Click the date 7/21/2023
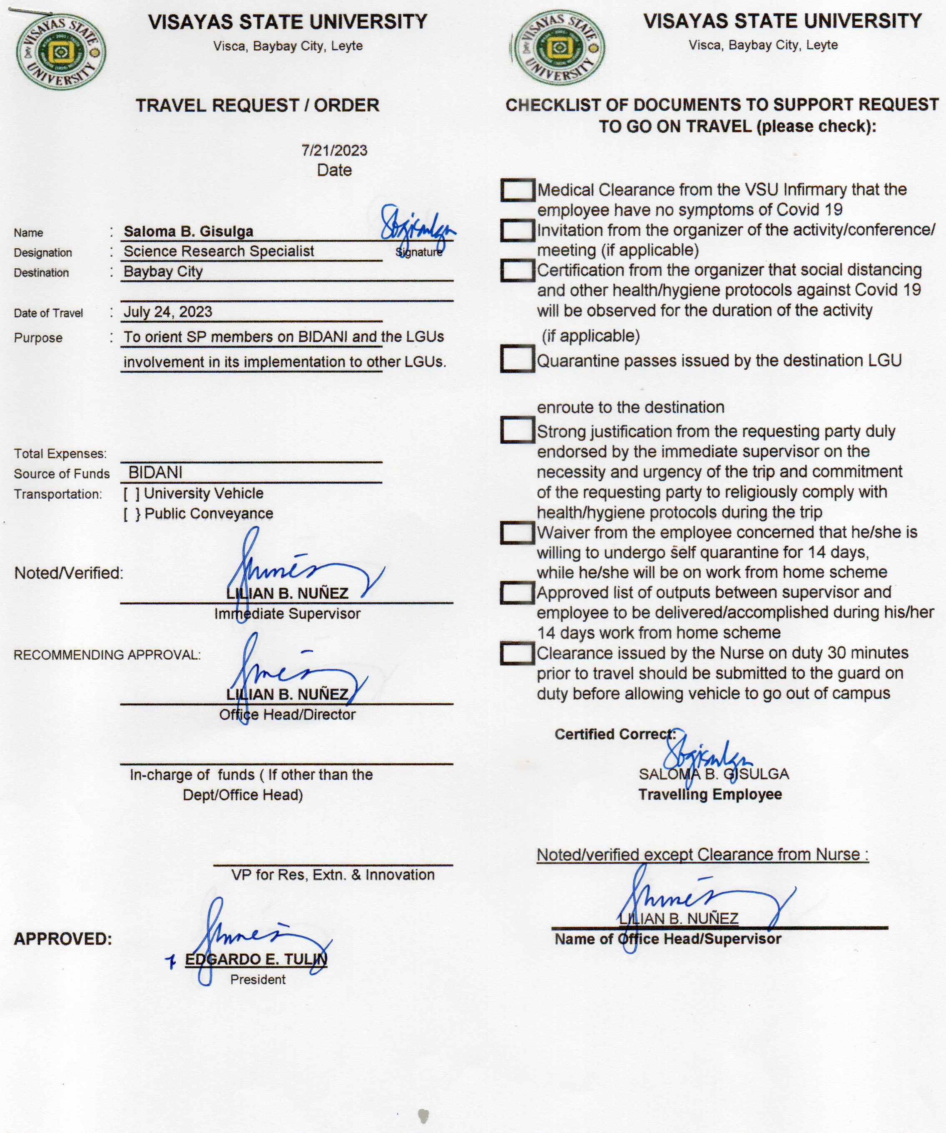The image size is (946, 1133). (x=334, y=151)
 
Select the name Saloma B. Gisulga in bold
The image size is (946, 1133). (x=189, y=231)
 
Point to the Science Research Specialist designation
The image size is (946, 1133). (x=219, y=251)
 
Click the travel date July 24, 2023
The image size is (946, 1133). (x=168, y=312)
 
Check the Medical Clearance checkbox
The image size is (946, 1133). (x=517, y=190)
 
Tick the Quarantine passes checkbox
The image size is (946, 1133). (x=517, y=360)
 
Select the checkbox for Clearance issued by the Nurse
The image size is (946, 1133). (x=517, y=653)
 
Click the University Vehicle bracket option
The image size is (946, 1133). (x=131, y=494)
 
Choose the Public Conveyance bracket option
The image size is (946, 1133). (x=132, y=514)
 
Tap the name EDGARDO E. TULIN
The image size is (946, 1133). (x=256, y=959)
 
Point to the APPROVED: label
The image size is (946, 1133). (x=62, y=939)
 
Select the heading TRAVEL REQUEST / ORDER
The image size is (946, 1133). (x=258, y=105)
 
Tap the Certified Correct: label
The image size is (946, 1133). (x=615, y=734)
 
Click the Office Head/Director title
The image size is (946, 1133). (x=287, y=715)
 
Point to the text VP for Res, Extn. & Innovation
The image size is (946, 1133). (x=333, y=875)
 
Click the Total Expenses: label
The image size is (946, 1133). (x=60, y=454)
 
